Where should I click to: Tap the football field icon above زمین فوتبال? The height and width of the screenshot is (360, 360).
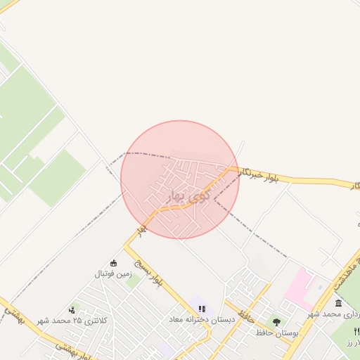pos(114,263)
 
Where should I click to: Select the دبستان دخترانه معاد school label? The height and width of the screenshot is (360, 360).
pos(200,319)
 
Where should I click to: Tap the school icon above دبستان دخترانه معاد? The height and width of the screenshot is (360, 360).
pos(202,309)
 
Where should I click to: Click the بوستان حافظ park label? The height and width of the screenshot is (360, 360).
pos(276,332)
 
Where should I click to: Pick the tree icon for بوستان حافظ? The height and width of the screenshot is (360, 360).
pos(276,322)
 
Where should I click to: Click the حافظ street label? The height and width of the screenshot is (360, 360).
pos(245,307)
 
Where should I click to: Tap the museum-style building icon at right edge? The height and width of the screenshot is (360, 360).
pos(339,303)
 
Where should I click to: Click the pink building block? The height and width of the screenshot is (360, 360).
pos(299,285)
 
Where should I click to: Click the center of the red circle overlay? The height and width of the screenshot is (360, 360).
pos(180,180)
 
